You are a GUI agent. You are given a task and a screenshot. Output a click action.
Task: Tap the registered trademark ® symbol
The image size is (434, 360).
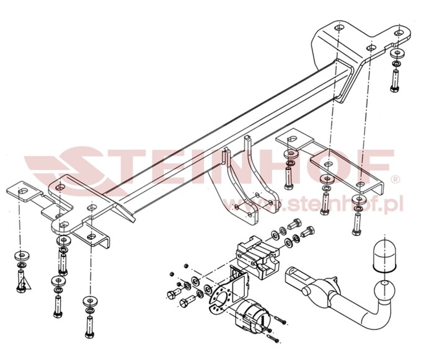[396, 180]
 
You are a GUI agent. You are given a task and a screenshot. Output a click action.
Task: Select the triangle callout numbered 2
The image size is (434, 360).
[24, 284]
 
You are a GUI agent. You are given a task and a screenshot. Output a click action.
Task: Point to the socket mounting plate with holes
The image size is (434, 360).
[228, 289]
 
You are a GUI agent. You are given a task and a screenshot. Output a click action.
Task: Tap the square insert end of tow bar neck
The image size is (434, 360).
[295, 277]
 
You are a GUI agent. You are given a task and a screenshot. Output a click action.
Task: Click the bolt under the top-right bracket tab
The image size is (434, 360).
[395, 81]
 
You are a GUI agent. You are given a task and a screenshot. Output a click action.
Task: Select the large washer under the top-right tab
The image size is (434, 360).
[397, 53]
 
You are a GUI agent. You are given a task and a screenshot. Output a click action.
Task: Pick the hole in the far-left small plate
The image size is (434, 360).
[23, 191]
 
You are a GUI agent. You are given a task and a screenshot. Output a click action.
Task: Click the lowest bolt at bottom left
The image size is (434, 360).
[89, 327]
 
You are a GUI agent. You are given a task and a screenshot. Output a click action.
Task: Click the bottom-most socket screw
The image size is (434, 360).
[273, 338]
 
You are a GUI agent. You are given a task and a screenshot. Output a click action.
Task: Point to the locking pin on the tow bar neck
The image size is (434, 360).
[306, 292]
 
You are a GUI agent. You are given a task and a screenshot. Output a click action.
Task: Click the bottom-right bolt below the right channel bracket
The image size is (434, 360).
[356, 224]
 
